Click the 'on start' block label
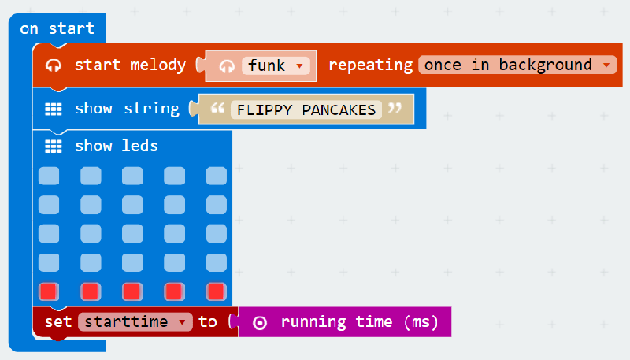[57, 28]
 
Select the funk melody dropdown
[276, 65]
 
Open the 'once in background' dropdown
[517, 65]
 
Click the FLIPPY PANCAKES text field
[306, 109]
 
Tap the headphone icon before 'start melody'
[54, 65]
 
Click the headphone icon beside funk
[227, 66]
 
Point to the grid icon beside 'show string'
[54, 109]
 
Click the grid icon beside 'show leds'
[54, 147]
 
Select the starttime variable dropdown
[135, 322]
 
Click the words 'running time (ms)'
[360, 322]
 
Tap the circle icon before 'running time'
[260, 323]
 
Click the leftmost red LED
[49, 291]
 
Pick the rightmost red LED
[216, 291]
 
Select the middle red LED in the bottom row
[132, 291]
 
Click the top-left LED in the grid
[49, 176]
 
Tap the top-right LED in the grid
[216, 176]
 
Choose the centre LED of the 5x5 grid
[132, 234]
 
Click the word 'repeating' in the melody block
[370, 65]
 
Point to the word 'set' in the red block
[58, 322]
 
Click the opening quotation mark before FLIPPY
[217, 108]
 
